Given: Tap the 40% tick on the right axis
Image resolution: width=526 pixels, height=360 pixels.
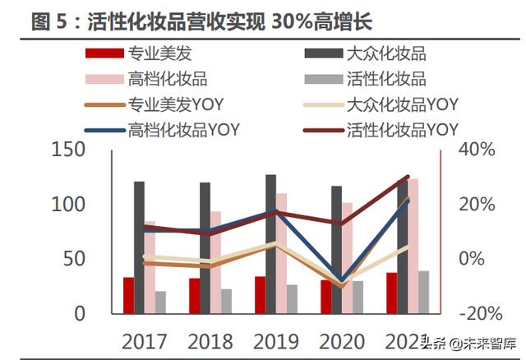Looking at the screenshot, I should point(476,150).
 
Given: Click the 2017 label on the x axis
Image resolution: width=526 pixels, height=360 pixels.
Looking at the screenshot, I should point(144,339).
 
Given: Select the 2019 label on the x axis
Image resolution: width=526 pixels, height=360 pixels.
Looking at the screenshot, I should point(275,339).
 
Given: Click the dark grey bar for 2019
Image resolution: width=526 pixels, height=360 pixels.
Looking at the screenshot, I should point(270,243).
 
